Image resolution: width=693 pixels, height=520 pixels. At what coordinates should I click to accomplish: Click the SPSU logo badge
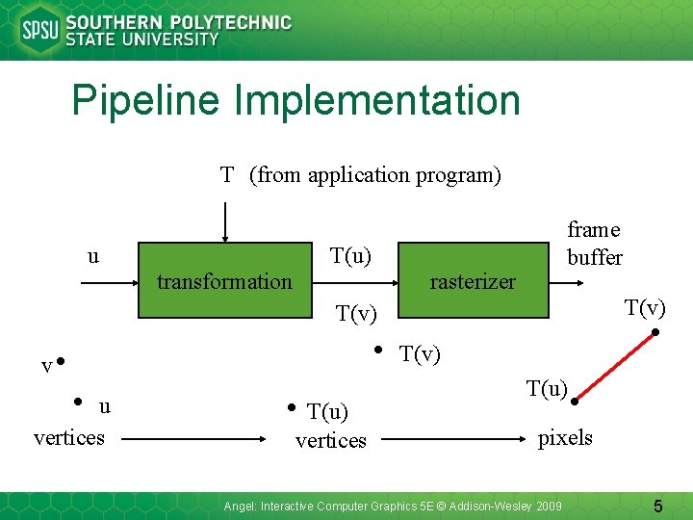click(39, 30)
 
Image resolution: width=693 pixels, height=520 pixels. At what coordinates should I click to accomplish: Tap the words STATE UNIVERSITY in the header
click(142, 40)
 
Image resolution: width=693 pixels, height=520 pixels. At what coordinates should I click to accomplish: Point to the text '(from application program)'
click(375, 174)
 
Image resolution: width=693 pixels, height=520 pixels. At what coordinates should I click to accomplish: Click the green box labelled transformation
click(223, 281)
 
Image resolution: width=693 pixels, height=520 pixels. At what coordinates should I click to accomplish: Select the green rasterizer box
click(472, 281)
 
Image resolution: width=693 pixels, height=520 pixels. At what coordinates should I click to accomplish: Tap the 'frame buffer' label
click(594, 243)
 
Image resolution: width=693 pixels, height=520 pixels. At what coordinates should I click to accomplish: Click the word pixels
click(565, 438)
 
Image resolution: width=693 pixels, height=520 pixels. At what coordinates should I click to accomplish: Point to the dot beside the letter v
click(60, 362)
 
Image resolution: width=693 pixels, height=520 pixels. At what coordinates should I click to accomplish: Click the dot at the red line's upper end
click(655, 333)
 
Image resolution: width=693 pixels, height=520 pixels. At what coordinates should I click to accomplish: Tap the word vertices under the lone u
click(69, 438)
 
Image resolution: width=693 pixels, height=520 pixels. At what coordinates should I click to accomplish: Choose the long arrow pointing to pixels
click(452, 438)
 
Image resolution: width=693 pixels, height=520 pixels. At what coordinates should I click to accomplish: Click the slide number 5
click(658, 506)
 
